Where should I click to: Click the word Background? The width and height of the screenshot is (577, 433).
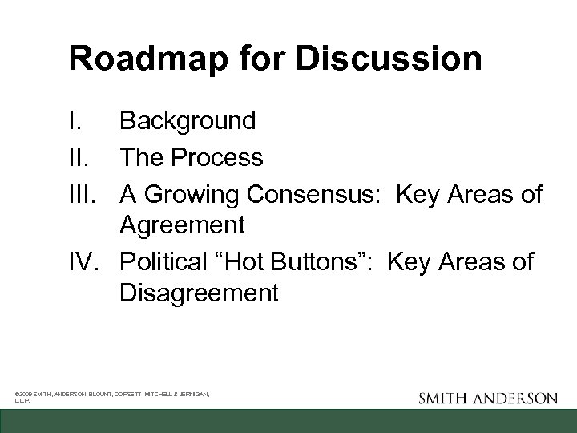tap(188, 122)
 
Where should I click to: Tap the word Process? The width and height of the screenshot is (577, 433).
tap(221, 157)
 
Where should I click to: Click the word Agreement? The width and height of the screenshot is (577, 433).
tap(182, 225)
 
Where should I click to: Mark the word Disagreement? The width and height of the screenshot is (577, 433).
tap(199, 293)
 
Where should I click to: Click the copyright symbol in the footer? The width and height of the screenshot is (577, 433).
tap(18, 394)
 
